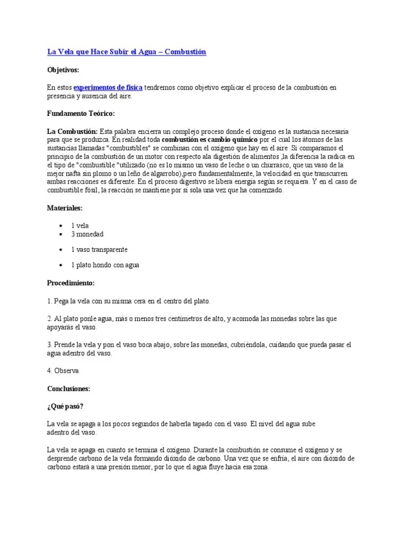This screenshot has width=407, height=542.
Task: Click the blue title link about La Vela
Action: coord(126,52)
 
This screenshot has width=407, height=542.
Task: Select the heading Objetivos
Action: coord(63,70)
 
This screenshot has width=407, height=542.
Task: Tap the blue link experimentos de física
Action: coord(108,87)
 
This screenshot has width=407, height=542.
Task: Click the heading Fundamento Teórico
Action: coord(81,114)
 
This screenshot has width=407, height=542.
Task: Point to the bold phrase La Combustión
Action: coord(72,131)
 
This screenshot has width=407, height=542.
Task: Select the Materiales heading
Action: coord(65,209)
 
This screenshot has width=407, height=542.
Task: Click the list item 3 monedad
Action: coord(87,233)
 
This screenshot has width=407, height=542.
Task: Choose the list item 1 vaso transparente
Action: coord(99,249)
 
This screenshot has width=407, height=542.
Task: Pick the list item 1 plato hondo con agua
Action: coord(105,265)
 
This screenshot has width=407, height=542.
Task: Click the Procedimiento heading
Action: coord(70,283)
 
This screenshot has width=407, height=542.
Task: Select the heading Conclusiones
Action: coord(68,389)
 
